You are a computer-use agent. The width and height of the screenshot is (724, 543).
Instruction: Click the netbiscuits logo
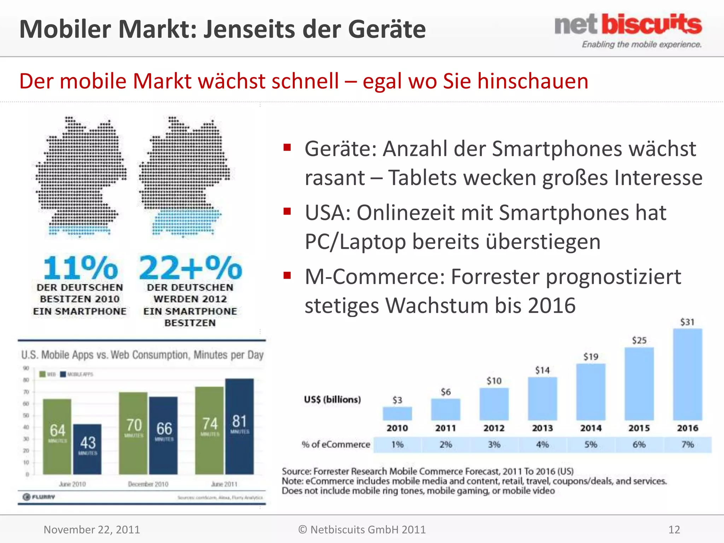click(628, 30)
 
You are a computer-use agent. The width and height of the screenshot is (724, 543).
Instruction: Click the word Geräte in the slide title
click(387, 29)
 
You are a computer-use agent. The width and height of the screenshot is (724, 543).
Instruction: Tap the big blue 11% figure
click(80, 268)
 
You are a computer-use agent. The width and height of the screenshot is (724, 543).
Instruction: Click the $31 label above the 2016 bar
click(687, 322)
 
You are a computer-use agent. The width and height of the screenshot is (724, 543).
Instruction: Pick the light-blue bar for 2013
click(542, 398)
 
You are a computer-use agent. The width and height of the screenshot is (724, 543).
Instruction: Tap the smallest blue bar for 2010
click(397, 413)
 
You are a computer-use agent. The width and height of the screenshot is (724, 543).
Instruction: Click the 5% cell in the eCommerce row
click(591, 444)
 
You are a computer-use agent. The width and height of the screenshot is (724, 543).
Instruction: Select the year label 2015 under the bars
click(639, 428)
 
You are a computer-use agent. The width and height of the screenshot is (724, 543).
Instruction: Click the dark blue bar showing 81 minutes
click(239, 426)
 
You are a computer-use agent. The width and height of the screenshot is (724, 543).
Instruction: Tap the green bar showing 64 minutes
click(57, 437)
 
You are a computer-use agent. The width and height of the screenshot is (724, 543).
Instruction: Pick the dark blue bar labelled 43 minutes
click(87, 449)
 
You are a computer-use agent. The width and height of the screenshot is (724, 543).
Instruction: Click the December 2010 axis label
click(148, 484)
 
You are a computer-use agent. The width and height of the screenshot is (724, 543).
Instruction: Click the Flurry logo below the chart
click(39, 497)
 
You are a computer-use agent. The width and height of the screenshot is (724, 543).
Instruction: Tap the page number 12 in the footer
click(674, 530)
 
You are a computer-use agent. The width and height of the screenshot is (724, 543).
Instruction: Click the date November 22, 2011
click(92, 530)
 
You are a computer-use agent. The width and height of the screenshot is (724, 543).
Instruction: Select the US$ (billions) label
click(332, 399)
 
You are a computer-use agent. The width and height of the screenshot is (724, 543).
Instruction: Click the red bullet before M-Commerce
click(287, 275)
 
